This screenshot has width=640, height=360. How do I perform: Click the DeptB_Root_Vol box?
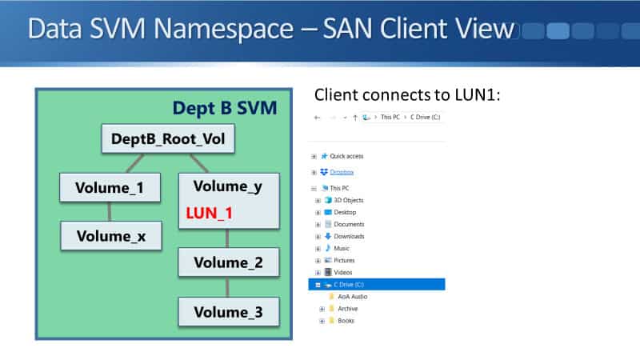tap(168, 138)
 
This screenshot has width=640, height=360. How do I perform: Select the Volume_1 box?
tap(110, 188)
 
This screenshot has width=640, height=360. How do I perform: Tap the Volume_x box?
tap(111, 236)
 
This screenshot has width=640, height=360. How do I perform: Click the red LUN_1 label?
tap(209, 213)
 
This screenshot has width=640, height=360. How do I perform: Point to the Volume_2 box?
tap(229, 262)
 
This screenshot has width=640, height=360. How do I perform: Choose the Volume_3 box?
tap(229, 312)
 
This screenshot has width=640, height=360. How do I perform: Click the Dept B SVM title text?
tap(225, 108)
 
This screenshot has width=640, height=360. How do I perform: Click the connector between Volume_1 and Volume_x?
tap(110, 211)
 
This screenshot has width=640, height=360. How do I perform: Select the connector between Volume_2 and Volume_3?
tap(227, 287)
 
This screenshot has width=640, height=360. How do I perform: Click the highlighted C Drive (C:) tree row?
tap(376, 285)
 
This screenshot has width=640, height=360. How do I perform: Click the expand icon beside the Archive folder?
tap(322, 309)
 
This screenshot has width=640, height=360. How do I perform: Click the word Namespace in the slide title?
tap(223, 30)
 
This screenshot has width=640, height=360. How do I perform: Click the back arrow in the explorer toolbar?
tap(317, 118)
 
